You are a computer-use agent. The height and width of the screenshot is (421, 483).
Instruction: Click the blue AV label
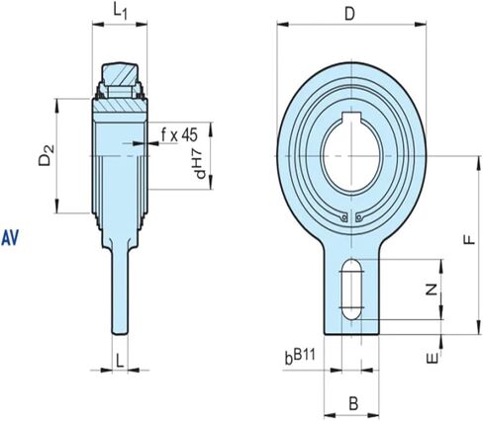point(12,237)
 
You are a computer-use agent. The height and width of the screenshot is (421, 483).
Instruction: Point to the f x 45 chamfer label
point(180,133)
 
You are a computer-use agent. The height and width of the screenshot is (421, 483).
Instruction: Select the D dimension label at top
point(350,14)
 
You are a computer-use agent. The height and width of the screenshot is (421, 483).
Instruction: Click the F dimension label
point(469,238)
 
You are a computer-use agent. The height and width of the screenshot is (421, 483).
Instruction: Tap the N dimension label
point(430,291)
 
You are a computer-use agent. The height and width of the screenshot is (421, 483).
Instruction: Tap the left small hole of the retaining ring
point(342,219)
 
